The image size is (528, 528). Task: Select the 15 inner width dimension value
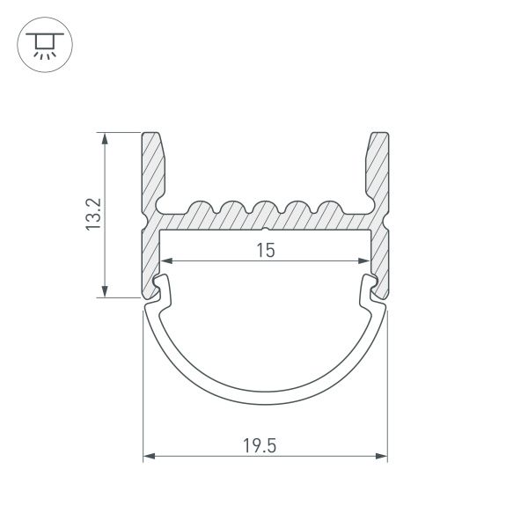point(266,251)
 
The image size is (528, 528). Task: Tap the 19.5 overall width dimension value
point(266,446)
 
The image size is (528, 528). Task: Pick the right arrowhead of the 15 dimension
point(364,261)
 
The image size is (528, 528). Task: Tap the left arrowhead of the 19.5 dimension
point(149,457)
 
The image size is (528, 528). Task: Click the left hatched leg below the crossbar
point(149,260)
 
